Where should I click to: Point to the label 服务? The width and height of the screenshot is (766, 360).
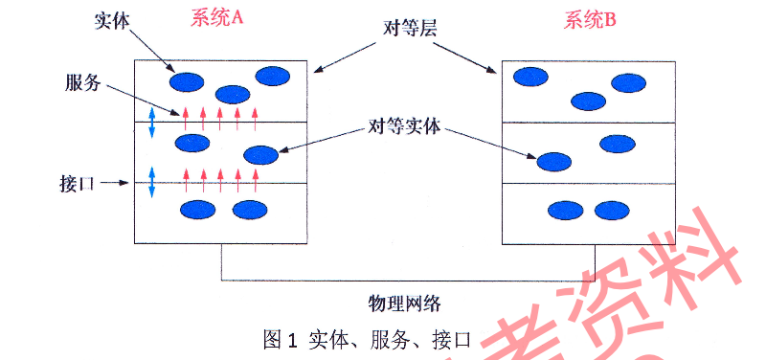pos(83,82)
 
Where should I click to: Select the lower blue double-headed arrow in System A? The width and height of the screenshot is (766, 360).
pos(151,182)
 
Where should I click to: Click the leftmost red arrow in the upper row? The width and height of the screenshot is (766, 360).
pos(186,116)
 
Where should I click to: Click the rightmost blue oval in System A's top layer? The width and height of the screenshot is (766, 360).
pos(273,76)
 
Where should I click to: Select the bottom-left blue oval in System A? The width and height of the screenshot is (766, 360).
pos(198,209)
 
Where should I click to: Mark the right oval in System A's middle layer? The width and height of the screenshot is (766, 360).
pos(260,154)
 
